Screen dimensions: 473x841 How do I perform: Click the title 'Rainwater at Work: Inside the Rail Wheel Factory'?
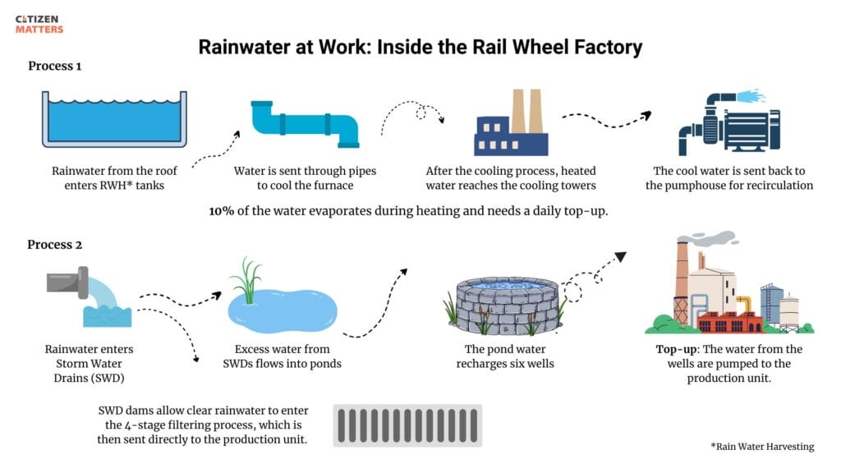[x=420, y=46]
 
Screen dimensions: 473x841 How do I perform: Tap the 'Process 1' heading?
[x=54, y=66]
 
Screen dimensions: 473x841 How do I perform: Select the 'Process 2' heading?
[x=54, y=244]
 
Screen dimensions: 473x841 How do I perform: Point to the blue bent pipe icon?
[x=305, y=124]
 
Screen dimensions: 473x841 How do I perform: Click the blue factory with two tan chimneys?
[x=512, y=125]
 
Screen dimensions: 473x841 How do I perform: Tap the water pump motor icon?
[x=720, y=124]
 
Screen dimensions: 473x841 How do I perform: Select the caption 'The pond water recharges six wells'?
[x=505, y=356]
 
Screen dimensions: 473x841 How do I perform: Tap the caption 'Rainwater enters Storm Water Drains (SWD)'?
[x=89, y=364]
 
